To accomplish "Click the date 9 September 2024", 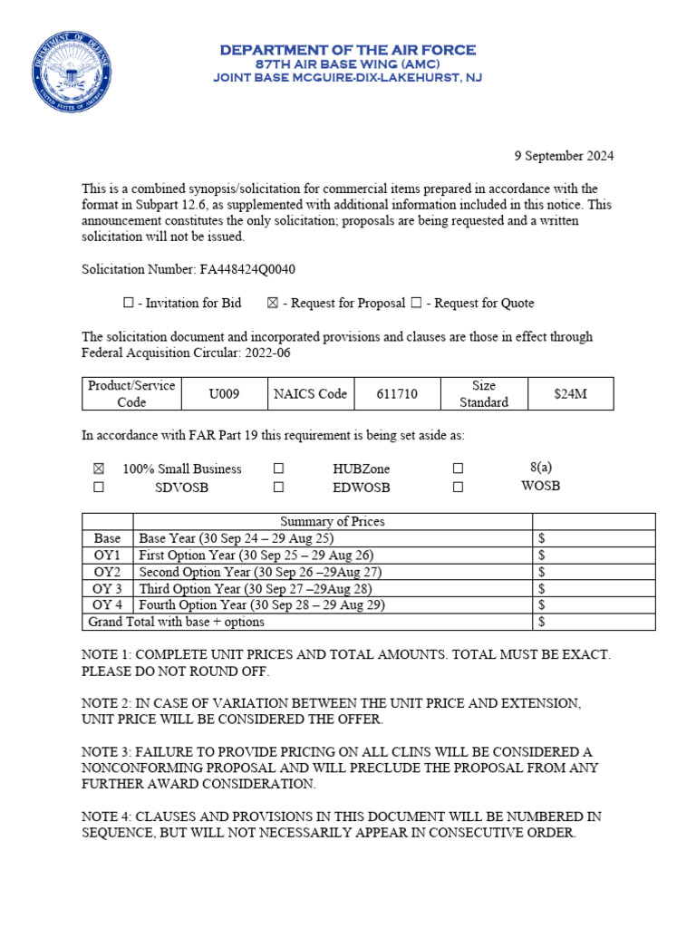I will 564,156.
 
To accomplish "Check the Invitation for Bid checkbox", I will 128,304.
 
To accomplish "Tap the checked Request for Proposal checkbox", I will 273,304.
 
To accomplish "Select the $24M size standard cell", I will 570,394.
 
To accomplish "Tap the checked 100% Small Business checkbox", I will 99,469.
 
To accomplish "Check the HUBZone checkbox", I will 278,469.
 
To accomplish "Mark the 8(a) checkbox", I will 458,469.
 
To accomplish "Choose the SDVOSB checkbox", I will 99,488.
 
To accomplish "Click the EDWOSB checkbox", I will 278,488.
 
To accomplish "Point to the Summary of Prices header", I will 332,521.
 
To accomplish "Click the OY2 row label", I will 108,572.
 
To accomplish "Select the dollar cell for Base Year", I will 593,538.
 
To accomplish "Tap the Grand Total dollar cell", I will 593,622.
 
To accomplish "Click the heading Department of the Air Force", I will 347,51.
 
